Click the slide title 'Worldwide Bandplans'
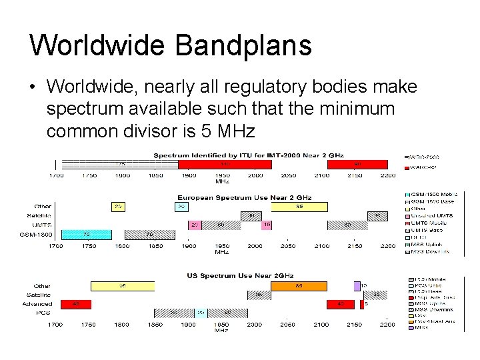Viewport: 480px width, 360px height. (171, 45)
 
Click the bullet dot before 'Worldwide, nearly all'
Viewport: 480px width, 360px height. (33, 87)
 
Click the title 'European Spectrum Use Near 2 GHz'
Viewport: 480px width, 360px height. (244, 198)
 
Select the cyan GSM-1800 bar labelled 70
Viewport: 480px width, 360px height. (86, 235)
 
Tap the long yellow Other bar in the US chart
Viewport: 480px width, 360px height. (123, 286)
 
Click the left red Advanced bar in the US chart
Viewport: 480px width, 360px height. (75, 304)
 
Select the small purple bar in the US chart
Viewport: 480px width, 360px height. (357, 286)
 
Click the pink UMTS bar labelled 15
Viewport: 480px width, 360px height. (267, 225)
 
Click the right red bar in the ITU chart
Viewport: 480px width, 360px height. (357, 164)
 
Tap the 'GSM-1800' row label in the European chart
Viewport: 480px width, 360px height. (37, 235)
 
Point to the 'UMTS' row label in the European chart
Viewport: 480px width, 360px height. (42, 225)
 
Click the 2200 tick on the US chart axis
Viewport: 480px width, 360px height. (387, 325)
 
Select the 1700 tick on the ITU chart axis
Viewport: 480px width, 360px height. (55, 176)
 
